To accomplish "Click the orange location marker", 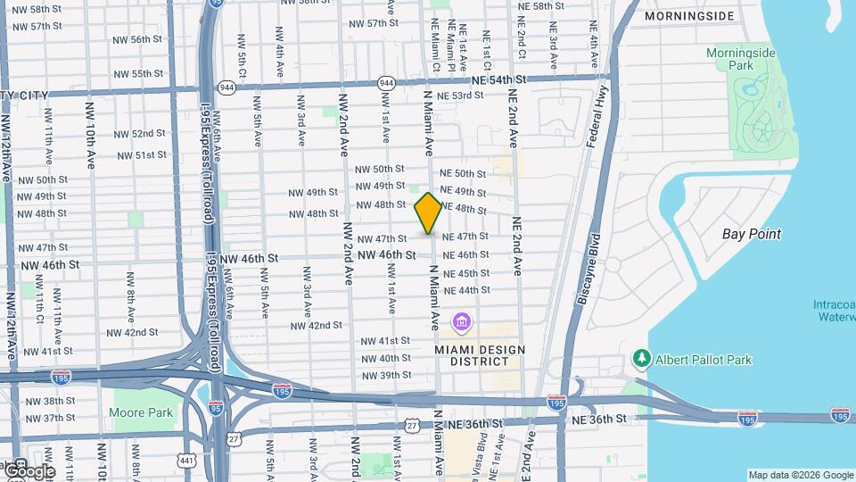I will coord(429,213).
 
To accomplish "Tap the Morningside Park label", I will coord(741,59).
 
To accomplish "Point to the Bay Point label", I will coord(751,234).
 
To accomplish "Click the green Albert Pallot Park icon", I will coord(640,359).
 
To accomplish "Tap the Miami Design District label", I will coord(480,355).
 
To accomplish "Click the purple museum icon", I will coord(462,321).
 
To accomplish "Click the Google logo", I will coord(29,470).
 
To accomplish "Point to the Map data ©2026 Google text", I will coord(800,475).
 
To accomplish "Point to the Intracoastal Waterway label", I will coord(834,311).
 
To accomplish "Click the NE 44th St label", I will coord(465,290).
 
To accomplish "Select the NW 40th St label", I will coord(385,358).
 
